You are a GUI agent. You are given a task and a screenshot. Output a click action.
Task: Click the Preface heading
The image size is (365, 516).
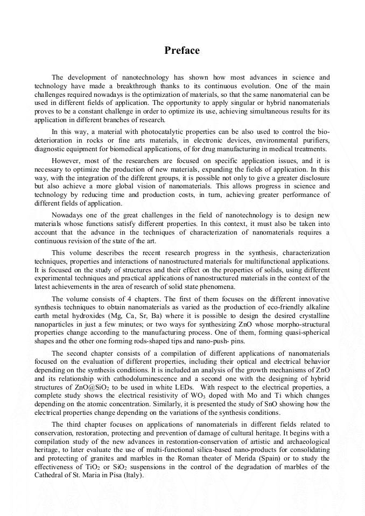point(182,51)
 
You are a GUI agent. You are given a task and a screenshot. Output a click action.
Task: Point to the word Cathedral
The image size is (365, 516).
point(52,476)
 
